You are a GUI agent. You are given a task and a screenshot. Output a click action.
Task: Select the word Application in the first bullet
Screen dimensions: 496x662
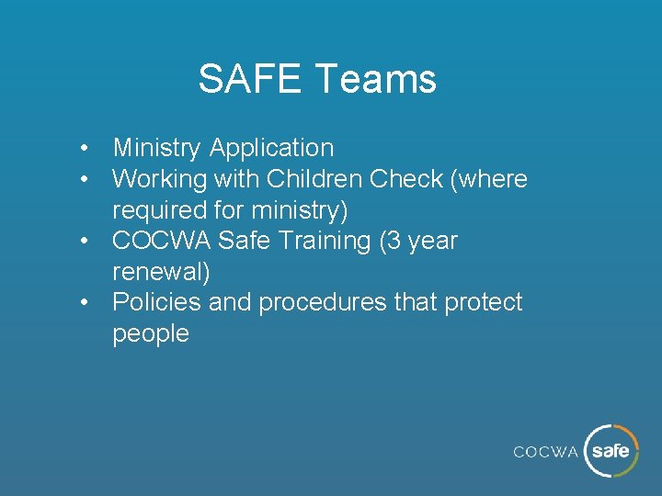(271, 148)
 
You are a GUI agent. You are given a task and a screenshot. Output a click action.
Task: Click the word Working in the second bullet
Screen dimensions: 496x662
(164, 178)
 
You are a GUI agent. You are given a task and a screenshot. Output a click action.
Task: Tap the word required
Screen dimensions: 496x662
(154, 210)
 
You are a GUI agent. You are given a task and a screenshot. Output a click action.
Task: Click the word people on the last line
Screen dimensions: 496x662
(150, 333)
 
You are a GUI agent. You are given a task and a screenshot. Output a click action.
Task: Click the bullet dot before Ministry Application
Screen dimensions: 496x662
(84, 148)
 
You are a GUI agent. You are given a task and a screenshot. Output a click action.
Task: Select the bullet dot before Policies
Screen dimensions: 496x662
(84, 302)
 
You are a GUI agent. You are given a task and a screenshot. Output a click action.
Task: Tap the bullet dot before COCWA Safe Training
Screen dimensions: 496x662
(84, 241)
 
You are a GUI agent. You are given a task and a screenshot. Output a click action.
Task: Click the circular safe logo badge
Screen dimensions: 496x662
(611, 451)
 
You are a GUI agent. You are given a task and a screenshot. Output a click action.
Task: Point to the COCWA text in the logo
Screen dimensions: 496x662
(545, 452)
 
